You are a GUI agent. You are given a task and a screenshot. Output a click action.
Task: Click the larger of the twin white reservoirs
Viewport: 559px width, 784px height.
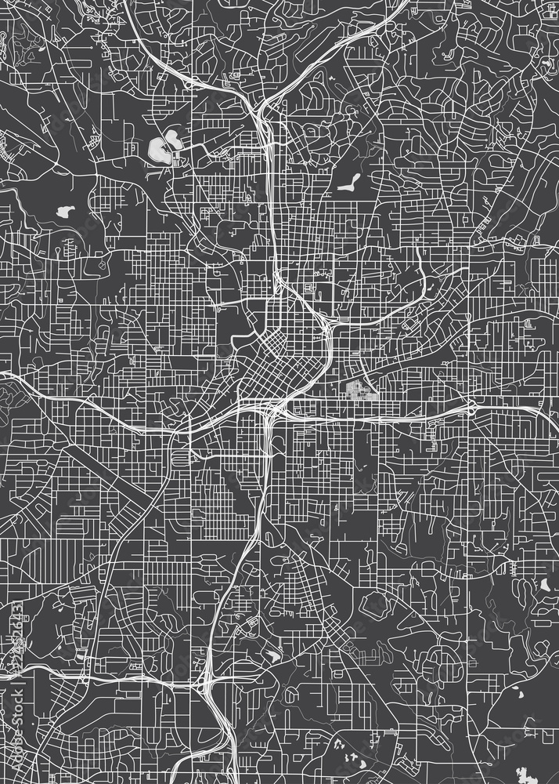(157, 147)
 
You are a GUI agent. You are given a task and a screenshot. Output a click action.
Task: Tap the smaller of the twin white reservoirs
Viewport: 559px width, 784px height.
(173, 141)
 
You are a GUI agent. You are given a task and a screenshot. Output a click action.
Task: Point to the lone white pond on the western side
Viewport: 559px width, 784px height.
(63, 212)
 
